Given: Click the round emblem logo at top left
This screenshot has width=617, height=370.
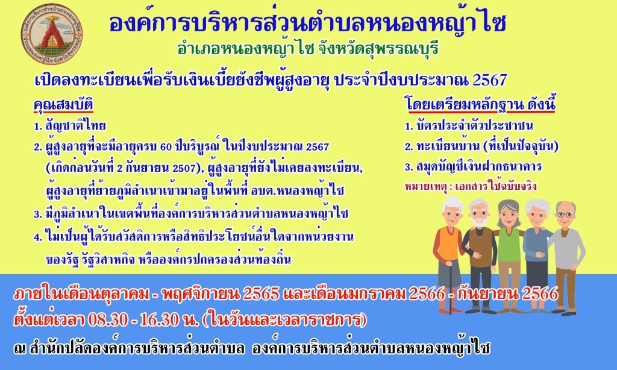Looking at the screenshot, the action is [52, 34].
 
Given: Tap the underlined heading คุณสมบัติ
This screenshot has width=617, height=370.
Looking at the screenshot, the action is [63, 105].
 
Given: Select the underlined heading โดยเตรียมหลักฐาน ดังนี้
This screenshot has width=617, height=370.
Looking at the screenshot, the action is [480, 105].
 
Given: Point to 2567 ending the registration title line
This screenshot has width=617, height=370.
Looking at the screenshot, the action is [489, 80].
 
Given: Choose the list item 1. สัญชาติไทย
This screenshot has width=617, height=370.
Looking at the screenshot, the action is [70, 126].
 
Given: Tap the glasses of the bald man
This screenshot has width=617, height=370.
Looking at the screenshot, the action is [565, 215].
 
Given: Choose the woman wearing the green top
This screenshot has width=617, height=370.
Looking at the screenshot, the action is [509, 252].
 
